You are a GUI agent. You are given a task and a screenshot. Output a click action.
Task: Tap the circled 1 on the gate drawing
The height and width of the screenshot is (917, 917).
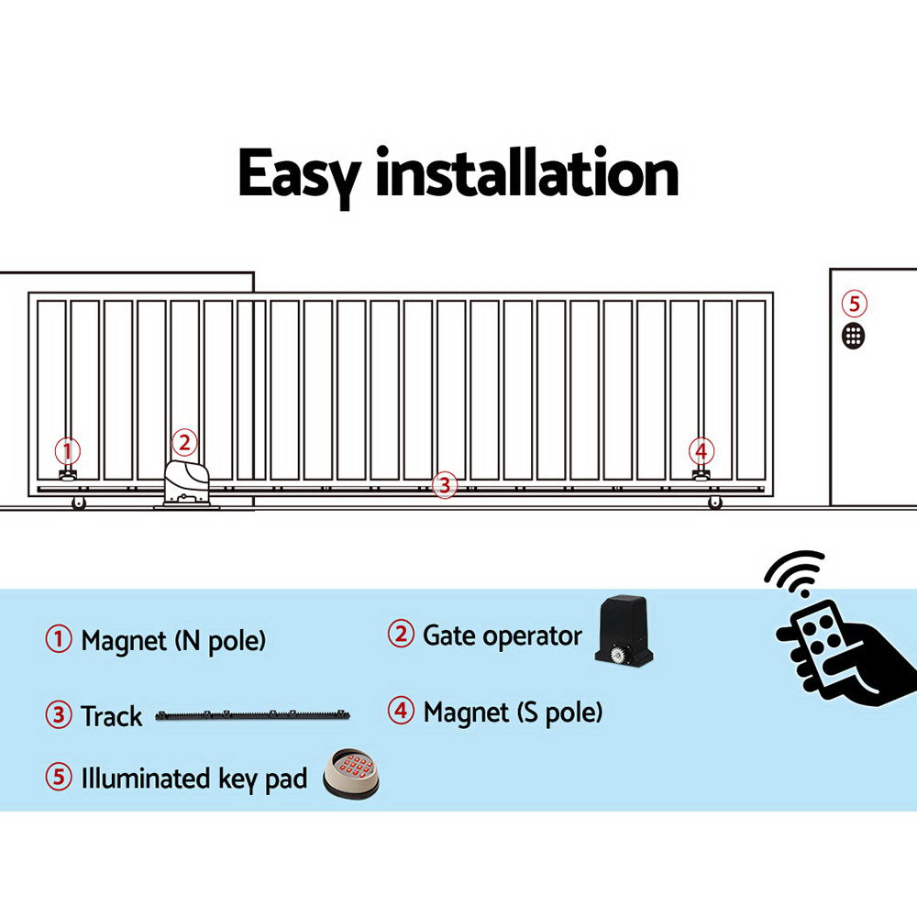coord(67,451)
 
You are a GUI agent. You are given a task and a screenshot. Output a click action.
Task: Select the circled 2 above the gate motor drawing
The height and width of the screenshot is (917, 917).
coord(184,443)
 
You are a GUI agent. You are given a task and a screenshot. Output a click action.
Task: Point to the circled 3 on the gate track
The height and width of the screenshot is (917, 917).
coord(444,485)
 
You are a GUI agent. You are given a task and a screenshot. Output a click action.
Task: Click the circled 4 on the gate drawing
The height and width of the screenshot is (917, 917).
coord(702,450)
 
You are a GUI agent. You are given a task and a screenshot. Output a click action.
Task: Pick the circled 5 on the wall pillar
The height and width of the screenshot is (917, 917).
coord(854,304)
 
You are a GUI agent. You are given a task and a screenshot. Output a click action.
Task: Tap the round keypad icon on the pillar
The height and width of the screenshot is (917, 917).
coord(854,335)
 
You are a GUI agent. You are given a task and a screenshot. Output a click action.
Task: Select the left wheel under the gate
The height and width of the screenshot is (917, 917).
coord(78,503)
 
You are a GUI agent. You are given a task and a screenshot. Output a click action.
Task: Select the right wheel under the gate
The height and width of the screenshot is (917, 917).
coord(714,503)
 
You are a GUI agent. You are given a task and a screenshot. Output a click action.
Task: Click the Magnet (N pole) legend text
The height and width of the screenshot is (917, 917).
coord(173,640)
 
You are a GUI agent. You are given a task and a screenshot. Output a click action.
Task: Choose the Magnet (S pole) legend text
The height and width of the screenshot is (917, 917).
coord(513,712)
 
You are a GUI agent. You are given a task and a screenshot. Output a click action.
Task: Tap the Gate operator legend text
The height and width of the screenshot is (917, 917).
coord(502,635)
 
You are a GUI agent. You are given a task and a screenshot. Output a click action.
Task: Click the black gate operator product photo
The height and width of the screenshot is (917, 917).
coord(624,632)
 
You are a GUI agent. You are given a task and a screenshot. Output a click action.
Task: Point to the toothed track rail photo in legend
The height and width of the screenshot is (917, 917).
coord(252,714)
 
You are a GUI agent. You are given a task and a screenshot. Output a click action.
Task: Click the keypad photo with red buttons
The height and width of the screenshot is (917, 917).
coord(350,772)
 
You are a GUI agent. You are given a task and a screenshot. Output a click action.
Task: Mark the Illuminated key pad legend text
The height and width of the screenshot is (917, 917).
coord(193,779)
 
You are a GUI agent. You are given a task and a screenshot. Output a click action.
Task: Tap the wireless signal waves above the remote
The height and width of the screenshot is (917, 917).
coord(794,572)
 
